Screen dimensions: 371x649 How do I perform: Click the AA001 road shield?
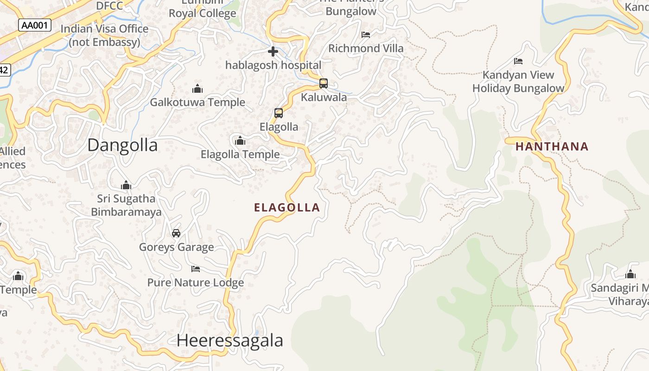(x=35, y=25)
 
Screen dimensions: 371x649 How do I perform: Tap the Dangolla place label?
(x=122, y=145)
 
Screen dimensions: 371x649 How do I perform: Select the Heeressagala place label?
(x=229, y=340)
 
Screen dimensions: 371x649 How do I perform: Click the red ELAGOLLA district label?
(x=287, y=207)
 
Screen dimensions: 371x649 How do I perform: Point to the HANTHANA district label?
(x=552, y=147)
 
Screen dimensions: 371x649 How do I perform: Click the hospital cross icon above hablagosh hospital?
(x=273, y=51)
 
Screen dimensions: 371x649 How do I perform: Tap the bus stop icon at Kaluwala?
(x=324, y=83)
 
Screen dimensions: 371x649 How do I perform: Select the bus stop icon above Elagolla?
(x=279, y=113)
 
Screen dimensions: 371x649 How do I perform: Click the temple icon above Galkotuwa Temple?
(x=197, y=88)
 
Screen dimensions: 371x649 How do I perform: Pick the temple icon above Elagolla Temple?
(x=240, y=140)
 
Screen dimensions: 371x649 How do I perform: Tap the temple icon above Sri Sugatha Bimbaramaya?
(x=126, y=185)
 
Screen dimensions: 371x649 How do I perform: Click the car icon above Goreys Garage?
(x=176, y=233)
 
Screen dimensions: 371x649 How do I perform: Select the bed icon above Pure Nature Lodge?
(x=196, y=269)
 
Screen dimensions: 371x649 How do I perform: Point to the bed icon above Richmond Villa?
(x=366, y=34)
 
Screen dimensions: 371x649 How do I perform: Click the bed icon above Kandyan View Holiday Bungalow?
(x=518, y=61)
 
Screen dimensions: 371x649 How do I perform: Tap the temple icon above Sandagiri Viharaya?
(x=630, y=274)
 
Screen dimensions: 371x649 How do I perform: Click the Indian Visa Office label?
(x=104, y=35)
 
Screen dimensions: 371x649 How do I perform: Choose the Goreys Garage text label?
(x=177, y=247)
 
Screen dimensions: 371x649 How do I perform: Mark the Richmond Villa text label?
(x=366, y=48)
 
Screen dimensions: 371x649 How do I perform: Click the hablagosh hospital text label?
(x=273, y=65)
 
